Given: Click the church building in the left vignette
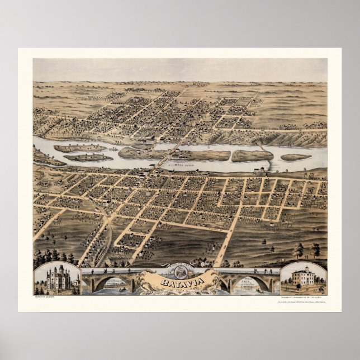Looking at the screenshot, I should point(58,278).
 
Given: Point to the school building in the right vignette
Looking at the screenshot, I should point(302,277).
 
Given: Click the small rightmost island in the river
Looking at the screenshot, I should point(295,157).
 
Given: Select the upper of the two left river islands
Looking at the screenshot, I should point(78,148).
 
